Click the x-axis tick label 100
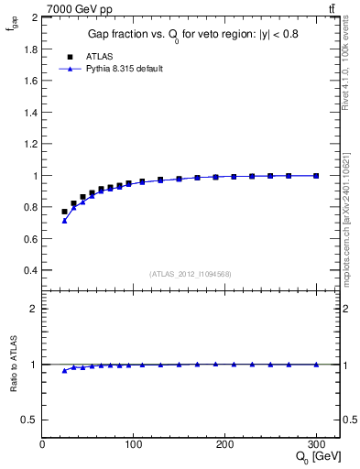[133, 444]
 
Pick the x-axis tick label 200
[224, 444]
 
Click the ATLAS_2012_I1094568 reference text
[190, 274]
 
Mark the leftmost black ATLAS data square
[64, 212]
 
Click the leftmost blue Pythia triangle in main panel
[64, 220]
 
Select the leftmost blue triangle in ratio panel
[64, 370]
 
